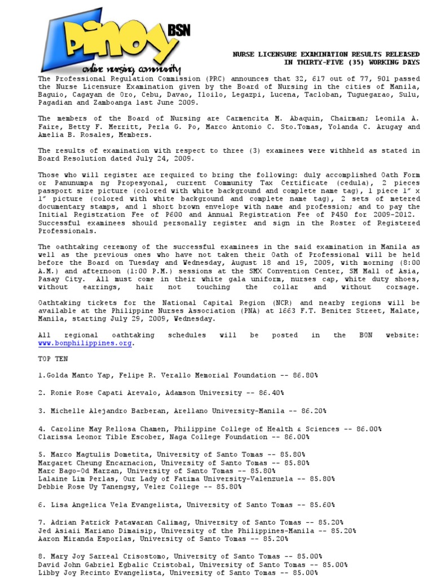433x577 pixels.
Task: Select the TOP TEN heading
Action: [53, 359]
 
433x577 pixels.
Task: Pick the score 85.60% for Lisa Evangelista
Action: [319, 505]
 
